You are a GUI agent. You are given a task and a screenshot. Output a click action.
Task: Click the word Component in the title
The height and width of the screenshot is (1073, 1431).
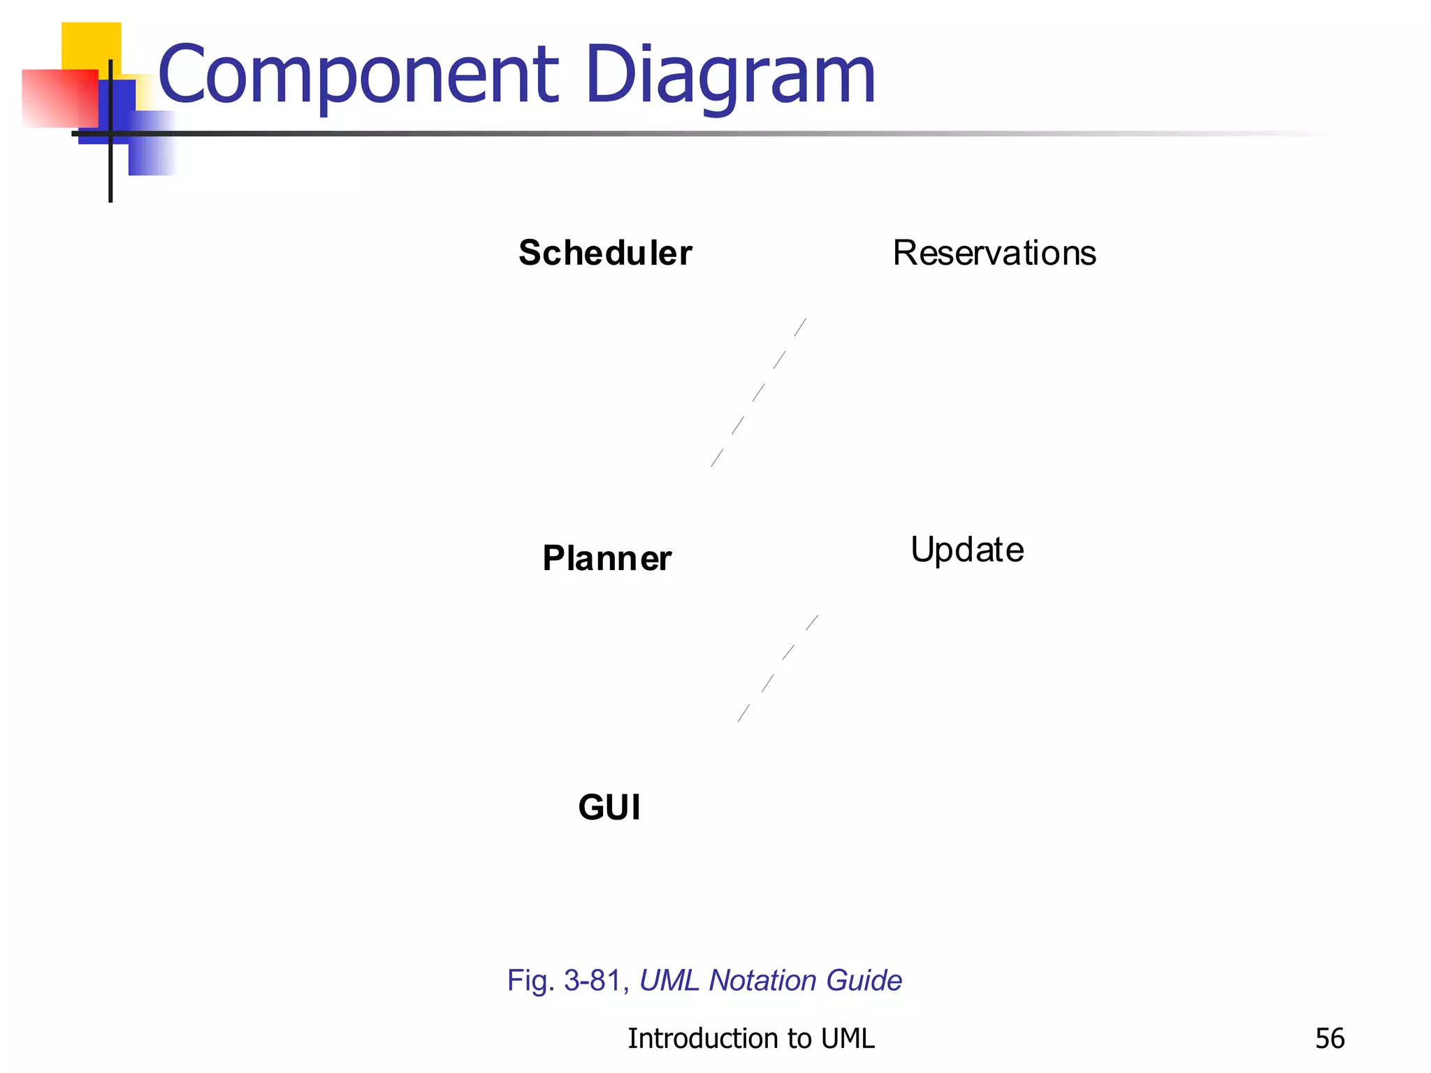[x=358, y=75]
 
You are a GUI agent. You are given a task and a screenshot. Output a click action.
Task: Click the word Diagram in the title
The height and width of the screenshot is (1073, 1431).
[x=730, y=75]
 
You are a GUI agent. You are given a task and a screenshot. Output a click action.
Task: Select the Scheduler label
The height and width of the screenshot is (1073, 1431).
[x=605, y=253]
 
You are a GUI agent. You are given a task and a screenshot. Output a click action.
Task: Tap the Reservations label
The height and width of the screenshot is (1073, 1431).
[x=994, y=253]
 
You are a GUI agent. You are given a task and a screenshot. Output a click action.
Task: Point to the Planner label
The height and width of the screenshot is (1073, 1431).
[x=606, y=558]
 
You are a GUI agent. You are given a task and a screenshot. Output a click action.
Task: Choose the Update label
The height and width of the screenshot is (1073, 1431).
[x=967, y=550]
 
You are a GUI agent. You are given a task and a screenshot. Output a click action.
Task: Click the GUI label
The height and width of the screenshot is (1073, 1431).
[x=609, y=808]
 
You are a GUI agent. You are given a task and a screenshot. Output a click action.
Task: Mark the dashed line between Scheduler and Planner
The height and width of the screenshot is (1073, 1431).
[x=759, y=393]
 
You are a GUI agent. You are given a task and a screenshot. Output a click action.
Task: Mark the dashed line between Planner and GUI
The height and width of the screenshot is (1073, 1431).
[x=778, y=668]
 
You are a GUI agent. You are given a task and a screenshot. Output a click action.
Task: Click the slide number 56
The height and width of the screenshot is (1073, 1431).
[x=1329, y=1039]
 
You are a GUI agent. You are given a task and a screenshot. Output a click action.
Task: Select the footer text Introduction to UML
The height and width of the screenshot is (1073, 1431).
[x=750, y=1039]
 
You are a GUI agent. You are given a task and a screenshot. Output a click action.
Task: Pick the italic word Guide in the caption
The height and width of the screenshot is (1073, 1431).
[x=864, y=981]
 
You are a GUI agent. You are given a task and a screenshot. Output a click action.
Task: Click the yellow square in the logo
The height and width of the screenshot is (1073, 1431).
[x=91, y=45]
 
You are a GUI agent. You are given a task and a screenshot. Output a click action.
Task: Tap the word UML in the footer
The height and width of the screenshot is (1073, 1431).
[x=848, y=1039]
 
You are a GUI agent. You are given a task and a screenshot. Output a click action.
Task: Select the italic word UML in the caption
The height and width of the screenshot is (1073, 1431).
[x=669, y=981]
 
